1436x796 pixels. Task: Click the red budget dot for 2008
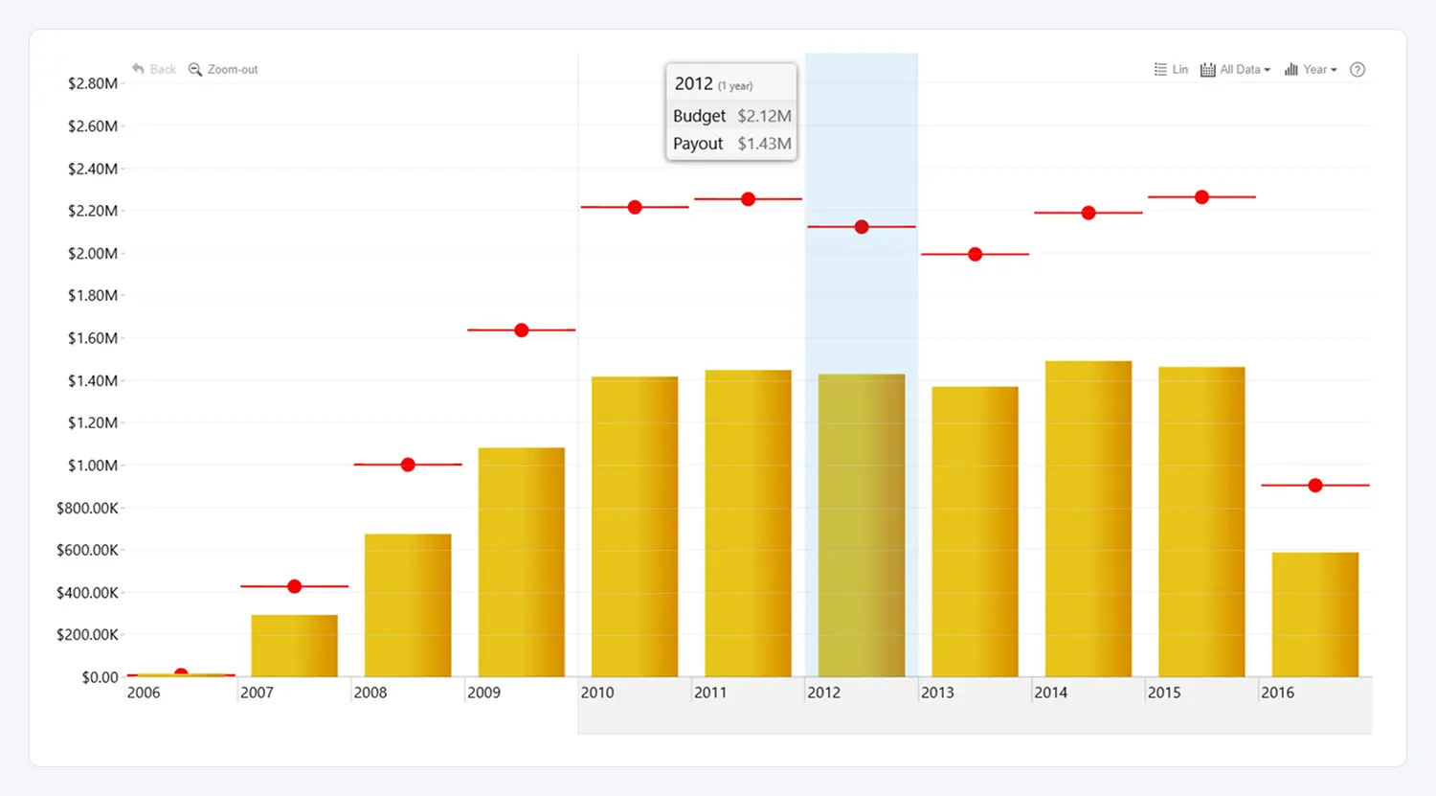click(408, 465)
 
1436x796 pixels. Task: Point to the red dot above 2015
click(1201, 197)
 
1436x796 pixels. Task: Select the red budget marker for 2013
click(975, 255)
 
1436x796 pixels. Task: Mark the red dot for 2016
click(1315, 486)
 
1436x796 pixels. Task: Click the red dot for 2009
click(521, 330)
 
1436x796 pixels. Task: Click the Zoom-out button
click(224, 70)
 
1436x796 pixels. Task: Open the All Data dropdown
click(1236, 70)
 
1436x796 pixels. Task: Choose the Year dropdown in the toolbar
click(1311, 70)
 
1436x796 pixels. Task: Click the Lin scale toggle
click(1171, 70)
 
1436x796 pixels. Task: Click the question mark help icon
click(1357, 70)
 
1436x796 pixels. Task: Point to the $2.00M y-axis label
click(93, 254)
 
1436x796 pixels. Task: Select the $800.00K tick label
click(87, 508)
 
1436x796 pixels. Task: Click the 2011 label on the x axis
click(710, 693)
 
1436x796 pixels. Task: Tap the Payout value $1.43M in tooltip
click(764, 144)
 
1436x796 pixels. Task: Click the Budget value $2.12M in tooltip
click(764, 116)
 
